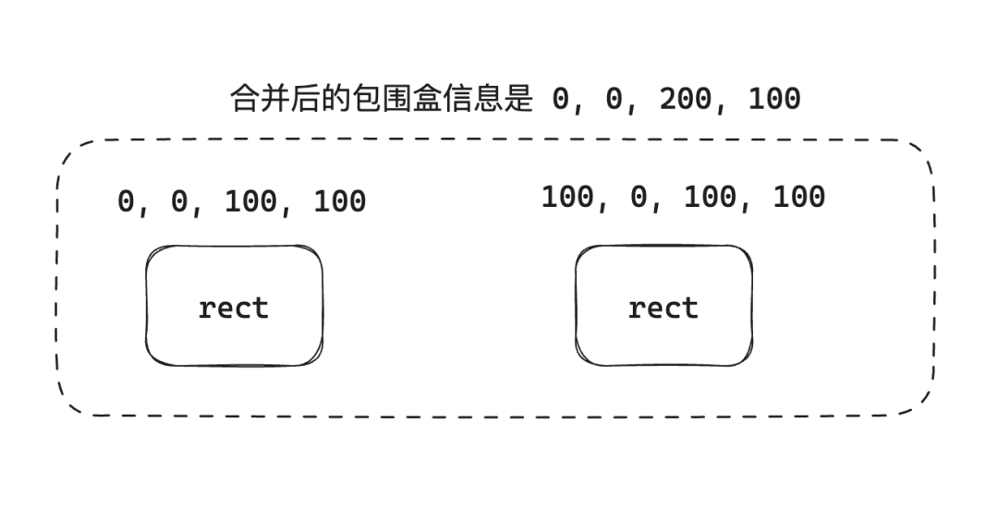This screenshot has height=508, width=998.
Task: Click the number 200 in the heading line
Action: [685, 98]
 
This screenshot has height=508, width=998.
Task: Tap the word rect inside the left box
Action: [233, 308]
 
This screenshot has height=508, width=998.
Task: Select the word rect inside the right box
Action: [663, 308]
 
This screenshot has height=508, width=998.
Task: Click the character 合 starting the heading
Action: [242, 98]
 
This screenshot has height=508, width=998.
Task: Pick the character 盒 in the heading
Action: [421, 98]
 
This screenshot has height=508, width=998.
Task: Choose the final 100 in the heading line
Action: [773, 98]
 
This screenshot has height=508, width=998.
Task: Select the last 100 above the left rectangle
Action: [339, 201]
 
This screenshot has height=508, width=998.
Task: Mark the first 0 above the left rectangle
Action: [127, 201]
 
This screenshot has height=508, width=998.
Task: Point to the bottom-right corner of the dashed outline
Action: [920, 403]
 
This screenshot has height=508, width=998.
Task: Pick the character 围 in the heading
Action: [392, 98]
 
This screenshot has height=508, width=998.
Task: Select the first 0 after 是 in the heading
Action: [561, 98]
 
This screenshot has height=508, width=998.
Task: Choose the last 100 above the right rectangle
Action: [798, 197]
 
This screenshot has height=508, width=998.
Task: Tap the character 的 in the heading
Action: [332, 98]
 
